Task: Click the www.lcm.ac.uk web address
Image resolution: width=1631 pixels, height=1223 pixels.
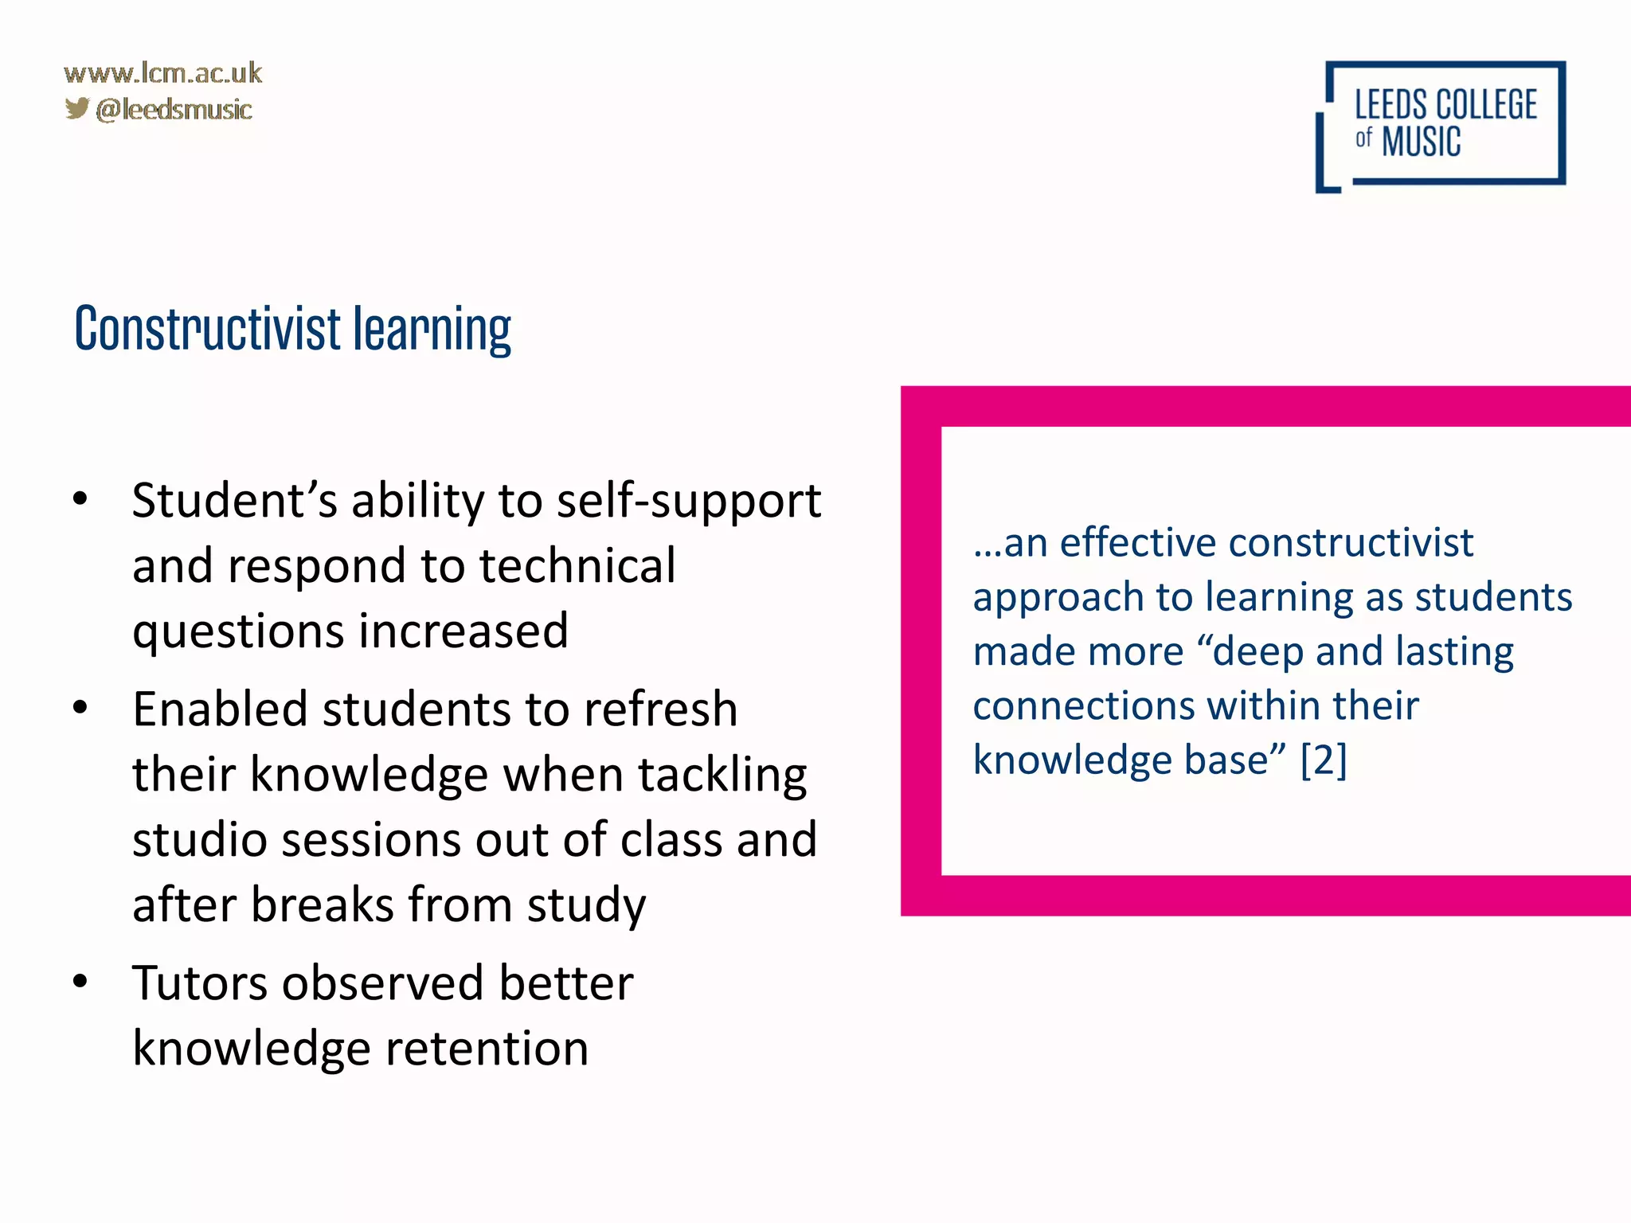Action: click(162, 73)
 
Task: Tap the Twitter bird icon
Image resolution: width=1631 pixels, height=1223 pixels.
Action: click(77, 107)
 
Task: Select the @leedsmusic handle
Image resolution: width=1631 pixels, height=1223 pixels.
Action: click(174, 109)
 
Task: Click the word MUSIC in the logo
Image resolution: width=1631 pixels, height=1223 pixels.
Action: click(1421, 143)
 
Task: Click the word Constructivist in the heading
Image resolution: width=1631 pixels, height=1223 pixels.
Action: click(208, 328)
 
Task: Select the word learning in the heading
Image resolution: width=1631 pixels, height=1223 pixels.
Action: click(432, 330)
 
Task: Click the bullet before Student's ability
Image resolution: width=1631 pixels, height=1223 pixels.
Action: click(80, 499)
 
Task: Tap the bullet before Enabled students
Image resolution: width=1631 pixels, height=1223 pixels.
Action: click(80, 707)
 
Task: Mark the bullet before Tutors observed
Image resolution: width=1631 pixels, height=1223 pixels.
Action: click(80, 981)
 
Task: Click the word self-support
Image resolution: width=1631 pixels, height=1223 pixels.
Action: click(689, 502)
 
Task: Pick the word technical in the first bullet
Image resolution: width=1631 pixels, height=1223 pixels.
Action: click(577, 565)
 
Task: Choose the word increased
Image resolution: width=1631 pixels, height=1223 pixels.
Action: click(463, 631)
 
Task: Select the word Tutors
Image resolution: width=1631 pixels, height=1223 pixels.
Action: click(199, 983)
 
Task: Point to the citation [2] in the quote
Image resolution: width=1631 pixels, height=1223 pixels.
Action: click(1323, 760)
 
